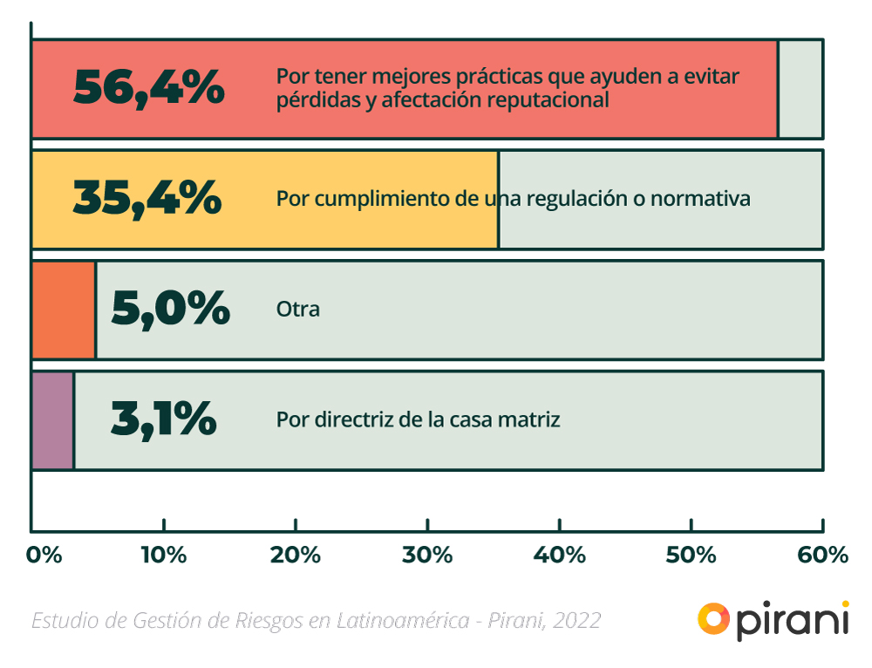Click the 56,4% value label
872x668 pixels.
(x=148, y=88)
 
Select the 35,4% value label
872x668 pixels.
(x=146, y=198)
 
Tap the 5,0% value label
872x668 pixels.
(x=170, y=309)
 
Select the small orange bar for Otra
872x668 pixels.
(x=64, y=310)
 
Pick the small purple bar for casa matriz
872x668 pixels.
(x=53, y=419)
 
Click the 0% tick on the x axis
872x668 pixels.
(x=44, y=555)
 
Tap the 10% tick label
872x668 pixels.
(x=164, y=555)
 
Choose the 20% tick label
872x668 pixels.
(x=296, y=555)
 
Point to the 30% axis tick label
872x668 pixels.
(x=427, y=555)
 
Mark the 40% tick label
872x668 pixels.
(x=559, y=555)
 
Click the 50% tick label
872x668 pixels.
(x=691, y=555)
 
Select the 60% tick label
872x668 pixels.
(x=822, y=555)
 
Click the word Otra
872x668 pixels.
(x=298, y=309)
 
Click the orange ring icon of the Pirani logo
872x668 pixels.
(x=714, y=618)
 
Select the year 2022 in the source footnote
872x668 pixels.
(x=576, y=620)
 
